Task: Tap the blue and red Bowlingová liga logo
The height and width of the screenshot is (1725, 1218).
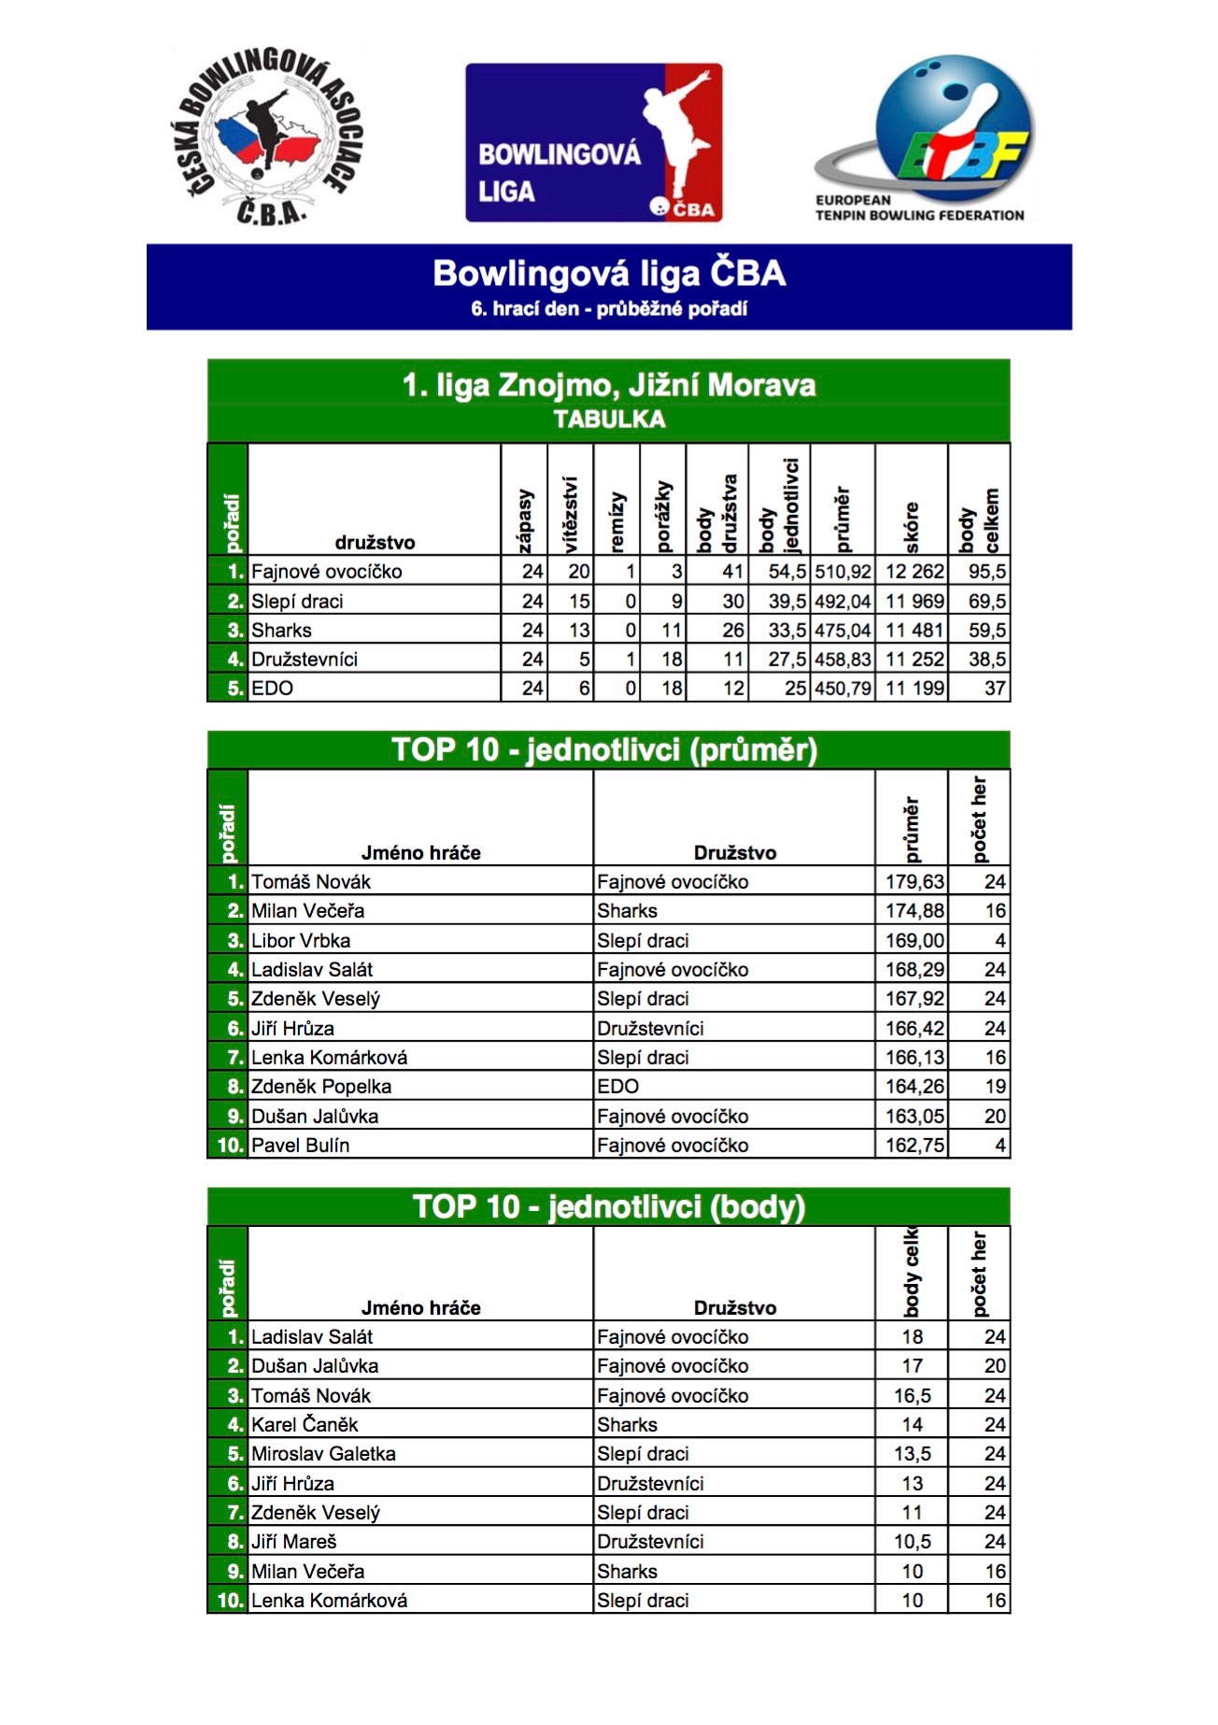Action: click(593, 142)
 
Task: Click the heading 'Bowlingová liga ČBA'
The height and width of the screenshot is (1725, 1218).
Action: click(609, 274)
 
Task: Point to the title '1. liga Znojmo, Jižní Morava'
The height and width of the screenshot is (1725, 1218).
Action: click(609, 385)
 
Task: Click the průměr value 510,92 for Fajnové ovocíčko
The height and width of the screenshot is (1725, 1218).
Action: click(843, 571)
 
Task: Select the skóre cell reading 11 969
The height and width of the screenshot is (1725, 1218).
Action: click(913, 601)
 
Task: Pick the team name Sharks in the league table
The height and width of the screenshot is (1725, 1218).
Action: click(281, 630)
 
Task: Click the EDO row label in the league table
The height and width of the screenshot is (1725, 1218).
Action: click(272, 688)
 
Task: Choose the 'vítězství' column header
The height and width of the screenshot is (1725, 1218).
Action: click(571, 514)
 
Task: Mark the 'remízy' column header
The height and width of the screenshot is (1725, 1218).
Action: click(616, 521)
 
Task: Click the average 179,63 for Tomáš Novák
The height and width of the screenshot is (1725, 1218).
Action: click(913, 881)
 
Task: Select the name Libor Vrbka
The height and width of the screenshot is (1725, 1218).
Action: click(301, 940)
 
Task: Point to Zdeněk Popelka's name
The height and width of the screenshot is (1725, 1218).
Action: click(321, 1086)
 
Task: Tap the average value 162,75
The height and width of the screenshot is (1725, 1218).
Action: click(913, 1145)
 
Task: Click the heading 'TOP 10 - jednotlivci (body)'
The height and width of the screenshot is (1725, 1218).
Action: click(609, 1206)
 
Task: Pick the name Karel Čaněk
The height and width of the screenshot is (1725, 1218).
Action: click(304, 1424)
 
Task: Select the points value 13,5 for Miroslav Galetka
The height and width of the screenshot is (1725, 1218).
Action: click(912, 1453)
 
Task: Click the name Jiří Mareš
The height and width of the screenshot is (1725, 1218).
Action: click(293, 1541)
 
